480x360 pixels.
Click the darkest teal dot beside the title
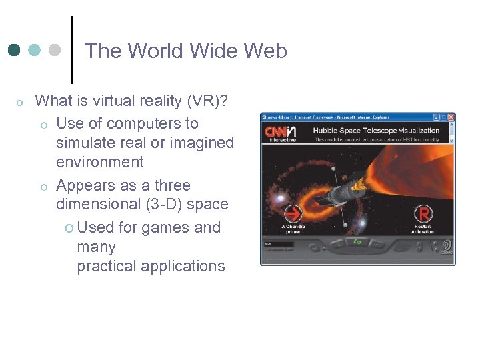point(15,50)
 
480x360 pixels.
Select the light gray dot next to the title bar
point(55,50)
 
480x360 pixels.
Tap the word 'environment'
point(100,162)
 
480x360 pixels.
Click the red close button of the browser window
point(451,117)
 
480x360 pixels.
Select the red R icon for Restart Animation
point(423,214)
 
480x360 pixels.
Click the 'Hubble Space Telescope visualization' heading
point(376,131)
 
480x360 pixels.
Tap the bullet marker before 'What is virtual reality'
point(20,102)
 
